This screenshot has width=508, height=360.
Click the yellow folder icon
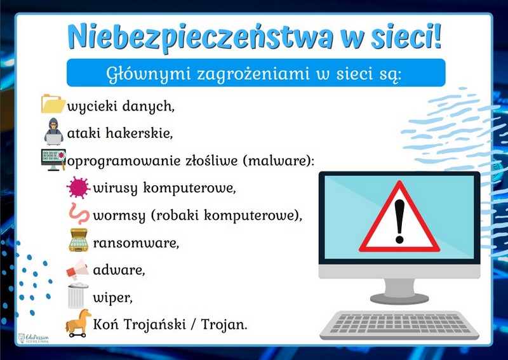53,103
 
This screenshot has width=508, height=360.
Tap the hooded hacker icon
54,131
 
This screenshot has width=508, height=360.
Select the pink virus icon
78,187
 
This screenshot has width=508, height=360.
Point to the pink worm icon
79,213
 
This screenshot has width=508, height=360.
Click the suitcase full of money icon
78,240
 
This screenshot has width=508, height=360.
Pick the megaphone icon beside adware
77,269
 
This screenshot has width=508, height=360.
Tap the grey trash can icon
77,295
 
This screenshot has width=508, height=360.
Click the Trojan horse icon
78,323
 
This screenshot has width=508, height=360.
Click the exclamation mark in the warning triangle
399,221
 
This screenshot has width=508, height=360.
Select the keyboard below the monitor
399,324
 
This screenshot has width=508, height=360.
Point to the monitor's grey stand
399,291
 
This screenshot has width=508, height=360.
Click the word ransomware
136,243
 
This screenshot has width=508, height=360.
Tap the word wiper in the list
113,298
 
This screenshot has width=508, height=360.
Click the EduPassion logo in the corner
34,338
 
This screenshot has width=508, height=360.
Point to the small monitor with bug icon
53,160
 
